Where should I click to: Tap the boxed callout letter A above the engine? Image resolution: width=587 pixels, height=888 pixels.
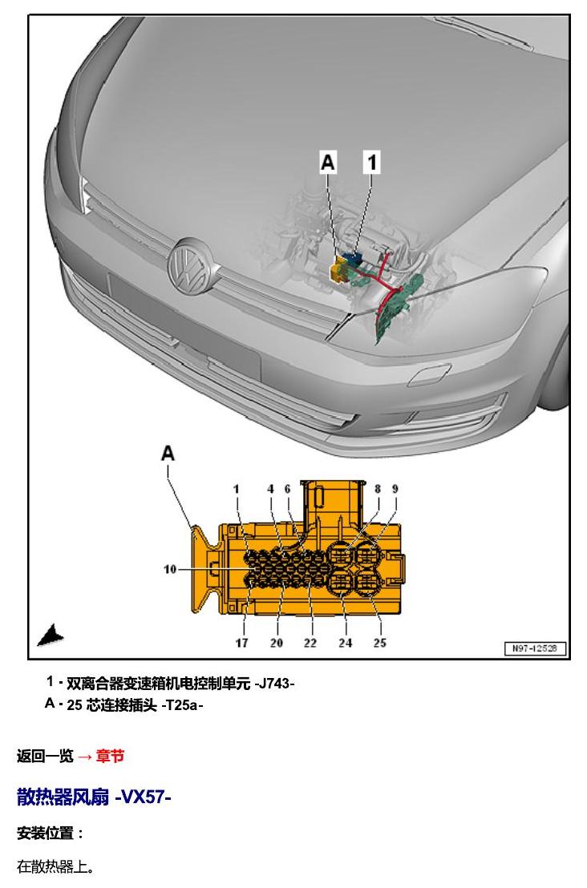coord(328,162)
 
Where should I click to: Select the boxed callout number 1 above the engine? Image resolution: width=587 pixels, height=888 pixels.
coord(372,162)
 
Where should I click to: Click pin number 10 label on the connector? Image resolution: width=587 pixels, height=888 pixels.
coord(170,569)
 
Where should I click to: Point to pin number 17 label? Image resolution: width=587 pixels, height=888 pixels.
coord(242,643)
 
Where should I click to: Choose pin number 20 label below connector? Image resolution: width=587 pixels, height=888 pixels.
coord(277,643)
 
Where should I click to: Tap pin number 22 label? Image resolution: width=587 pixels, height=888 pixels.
coord(310,643)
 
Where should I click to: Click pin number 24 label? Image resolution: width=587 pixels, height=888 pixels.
coord(346,643)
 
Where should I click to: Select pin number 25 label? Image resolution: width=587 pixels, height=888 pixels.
coord(380,643)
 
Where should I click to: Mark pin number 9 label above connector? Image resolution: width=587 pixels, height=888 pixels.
coord(395,489)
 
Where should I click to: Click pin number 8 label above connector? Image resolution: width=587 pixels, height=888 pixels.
coord(378,489)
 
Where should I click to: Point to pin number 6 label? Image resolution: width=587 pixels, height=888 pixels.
coord(287,489)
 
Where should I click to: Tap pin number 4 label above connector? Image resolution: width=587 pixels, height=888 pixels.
coord(271,489)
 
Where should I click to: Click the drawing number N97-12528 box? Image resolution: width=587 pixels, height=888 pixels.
coord(536,648)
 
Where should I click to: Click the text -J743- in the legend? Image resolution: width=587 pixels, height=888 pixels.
coord(274,684)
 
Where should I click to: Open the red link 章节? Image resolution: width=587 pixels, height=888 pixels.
coord(110,756)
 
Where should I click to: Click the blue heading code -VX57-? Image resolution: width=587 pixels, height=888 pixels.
coord(143,797)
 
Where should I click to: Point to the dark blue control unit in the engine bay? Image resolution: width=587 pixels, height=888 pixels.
coord(354,260)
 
